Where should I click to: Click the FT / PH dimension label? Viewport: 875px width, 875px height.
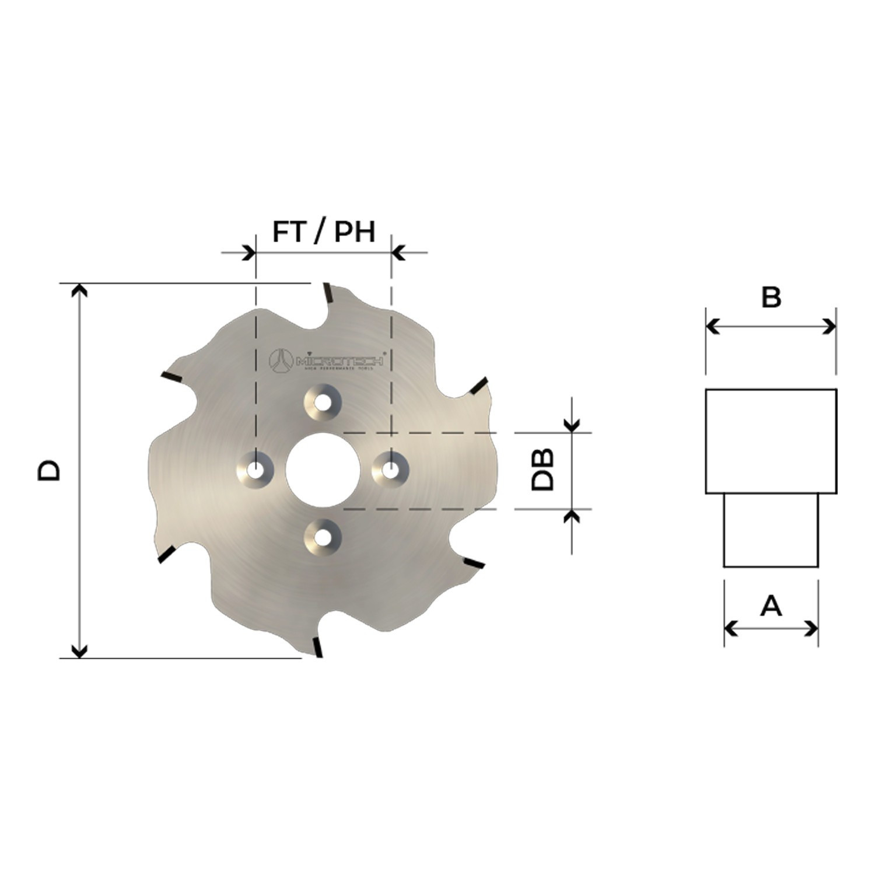pyautogui.click(x=324, y=232)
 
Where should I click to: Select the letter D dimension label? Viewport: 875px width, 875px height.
pyautogui.click(x=49, y=470)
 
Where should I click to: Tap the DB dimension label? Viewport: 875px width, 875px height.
pyautogui.click(x=542, y=470)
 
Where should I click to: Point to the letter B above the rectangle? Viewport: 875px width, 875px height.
pyautogui.click(x=771, y=297)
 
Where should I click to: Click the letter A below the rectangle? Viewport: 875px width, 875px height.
pyautogui.click(x=771, y=607)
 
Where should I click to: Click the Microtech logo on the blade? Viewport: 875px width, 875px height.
pyautogui.click(x=325, y=361)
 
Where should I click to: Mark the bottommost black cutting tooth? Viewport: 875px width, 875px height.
pyautogui.click(x=317, y=647)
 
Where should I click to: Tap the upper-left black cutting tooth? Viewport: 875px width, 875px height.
pyautogui.click(x=173, y=377)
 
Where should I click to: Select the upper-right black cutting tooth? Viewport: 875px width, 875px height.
pyautogui.click(x=478, y=385)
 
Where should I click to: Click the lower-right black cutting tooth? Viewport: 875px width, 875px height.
pyautogui.click(x=473, y=563)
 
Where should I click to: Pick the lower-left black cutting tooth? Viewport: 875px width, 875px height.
pyautogui.click(x=167, y=554)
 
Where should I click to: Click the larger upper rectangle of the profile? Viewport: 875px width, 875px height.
pyautogui.click(x=771, y=441)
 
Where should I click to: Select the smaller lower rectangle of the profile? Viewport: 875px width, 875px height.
pyautogui.click(x=771, y=530)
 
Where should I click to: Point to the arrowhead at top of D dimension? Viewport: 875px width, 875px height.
pyautogui.click(x=79, y=289)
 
